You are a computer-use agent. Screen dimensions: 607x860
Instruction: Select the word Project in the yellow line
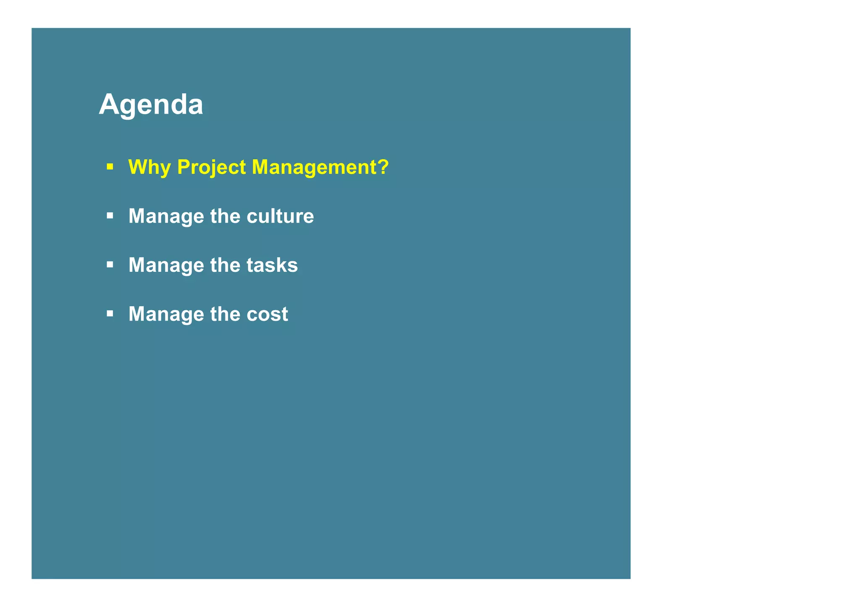click(211, 167)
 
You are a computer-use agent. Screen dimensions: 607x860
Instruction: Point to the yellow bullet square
click(110, 167)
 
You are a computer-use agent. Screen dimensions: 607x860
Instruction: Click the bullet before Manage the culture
click(110, 216)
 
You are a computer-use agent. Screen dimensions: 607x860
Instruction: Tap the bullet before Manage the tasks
click(110, 265)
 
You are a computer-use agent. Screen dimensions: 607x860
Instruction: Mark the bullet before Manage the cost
click(110, 313)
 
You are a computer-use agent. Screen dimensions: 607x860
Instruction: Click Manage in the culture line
click(166, 216)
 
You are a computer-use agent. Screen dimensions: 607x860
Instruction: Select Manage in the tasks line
click(166, 266)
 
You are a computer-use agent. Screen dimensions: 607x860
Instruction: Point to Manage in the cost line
click(166, 315)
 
